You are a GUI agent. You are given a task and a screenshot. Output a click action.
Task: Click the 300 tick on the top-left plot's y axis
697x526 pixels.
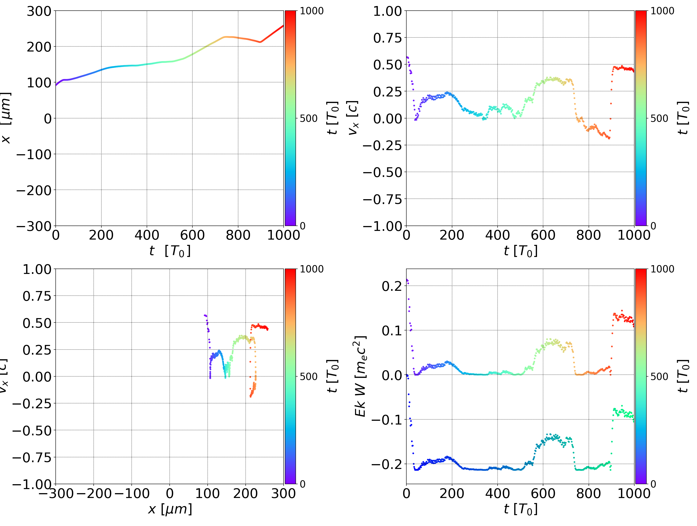pyautogui.click(x=39, y=11)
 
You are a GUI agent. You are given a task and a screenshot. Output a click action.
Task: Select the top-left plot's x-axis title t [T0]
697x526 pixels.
pyautogui.click(x=170, y=251)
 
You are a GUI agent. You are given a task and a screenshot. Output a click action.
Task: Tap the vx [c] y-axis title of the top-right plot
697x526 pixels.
pyautogui.click(x=353, y=118)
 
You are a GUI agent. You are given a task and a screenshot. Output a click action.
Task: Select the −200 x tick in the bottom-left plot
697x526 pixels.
pyautogui.click(x=94, y=493)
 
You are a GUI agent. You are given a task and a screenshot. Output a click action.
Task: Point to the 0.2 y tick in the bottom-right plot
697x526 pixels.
pyautogui.click(x=392, y=286)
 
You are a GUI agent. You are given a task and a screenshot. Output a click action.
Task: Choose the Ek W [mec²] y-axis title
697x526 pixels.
pyautogui.click(x=360, y=376)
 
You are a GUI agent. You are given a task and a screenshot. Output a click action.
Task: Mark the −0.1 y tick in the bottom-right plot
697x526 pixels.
pyautogui.click(x=387, y=420)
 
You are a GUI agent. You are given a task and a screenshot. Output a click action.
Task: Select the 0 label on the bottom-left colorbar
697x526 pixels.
pyautogui.click(x=303, y=484)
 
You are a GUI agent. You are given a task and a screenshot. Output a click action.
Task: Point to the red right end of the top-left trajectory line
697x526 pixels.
pyautogui.click(x=283, y=26)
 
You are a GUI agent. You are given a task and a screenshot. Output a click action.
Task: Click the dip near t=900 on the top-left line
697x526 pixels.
pyautogui.click(x=260, y=42)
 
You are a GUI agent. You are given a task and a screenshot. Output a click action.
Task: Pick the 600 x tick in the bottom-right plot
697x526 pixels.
pyautogui.click(x=543, y=493)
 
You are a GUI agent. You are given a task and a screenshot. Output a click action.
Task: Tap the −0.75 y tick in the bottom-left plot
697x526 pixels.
pyautogui.click(x=31, y=457)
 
